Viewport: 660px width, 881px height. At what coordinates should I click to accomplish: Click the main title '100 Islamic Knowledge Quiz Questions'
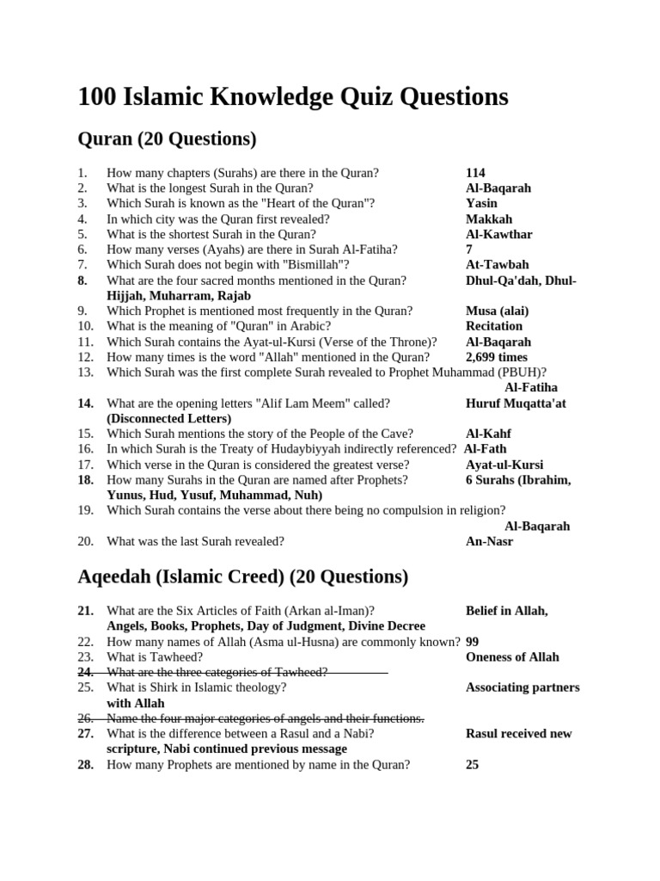tap(293, 97)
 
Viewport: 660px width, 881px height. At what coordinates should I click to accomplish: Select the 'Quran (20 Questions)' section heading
tap(167, 139)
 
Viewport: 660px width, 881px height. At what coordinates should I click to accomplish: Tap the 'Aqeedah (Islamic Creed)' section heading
tap(243, 576)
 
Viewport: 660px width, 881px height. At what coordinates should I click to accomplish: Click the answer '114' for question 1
tap(475, 172)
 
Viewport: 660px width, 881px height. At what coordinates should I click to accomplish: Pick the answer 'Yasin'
tap(481, 203)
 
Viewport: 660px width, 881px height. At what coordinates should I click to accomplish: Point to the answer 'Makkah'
tap(489, 219)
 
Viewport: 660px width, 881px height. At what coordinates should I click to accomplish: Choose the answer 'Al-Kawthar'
tap(498, 234)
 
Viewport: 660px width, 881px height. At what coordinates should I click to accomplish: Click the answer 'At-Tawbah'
tap(497, 265)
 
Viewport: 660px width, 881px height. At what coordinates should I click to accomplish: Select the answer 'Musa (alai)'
tap(497, 311)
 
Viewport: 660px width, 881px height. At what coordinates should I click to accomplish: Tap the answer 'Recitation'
tap(493, 326)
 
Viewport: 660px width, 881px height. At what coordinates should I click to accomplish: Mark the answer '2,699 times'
tap(498, 357)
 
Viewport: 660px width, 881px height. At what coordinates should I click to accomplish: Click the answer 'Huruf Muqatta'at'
tap(516, 403)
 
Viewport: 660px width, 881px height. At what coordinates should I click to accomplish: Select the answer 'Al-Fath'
tap(486, 448)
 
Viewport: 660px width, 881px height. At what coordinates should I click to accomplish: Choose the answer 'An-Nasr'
tap(489, 541)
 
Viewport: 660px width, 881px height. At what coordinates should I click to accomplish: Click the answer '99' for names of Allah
tap(473, 641)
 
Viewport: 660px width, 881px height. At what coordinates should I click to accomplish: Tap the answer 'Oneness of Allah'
tap(512, 656)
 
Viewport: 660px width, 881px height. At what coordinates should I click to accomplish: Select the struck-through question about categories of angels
tap(265, 718)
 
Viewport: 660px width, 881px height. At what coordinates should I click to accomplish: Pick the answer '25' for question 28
tap(472, 764)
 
